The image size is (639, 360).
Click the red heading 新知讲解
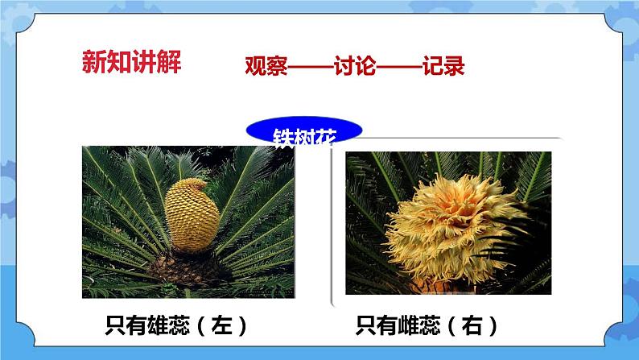click(132, 61)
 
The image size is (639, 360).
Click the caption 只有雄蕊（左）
click(176, 325)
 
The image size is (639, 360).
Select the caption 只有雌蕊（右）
click(427, 325)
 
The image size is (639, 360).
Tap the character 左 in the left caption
click(220, 325)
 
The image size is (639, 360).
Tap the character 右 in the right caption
click(470, 325)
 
